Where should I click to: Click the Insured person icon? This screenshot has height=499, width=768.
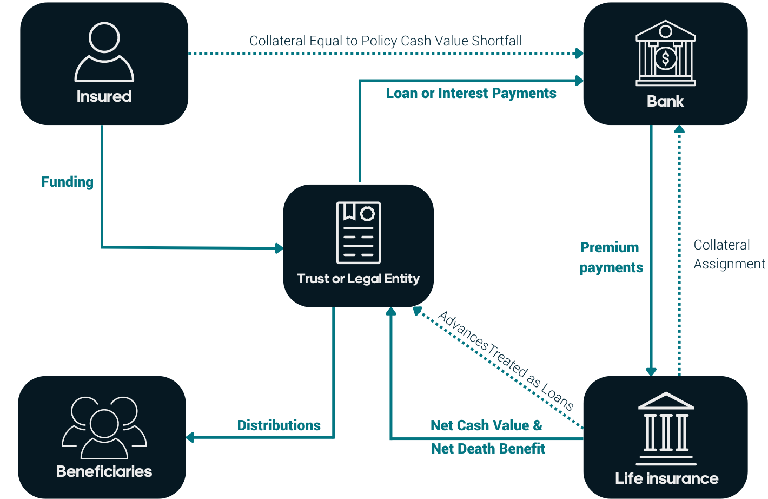tap(104, 52)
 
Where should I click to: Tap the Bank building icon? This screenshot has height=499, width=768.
tap(665, 54)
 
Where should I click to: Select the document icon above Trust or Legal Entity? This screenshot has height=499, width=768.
tap(359, 233)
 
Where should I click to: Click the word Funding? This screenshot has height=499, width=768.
tap(67, 182)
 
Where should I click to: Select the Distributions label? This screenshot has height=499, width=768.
tap(279, 425)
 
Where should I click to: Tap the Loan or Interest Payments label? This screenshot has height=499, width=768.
tap(471, 93)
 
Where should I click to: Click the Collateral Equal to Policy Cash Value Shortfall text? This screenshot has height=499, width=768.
tap(386, 41)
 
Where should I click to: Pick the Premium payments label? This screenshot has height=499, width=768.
tap(611, 258)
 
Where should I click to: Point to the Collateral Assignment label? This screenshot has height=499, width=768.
tap(729, 254)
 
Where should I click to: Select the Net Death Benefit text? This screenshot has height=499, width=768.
tap(488, 449)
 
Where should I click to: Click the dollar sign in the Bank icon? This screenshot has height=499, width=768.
tap(665, 57)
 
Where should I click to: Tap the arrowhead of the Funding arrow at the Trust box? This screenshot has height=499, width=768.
tap(280, 248)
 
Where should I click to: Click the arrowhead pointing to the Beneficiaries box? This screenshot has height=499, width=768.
tap(190, 437)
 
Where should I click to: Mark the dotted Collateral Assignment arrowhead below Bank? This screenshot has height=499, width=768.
tap(679, 129)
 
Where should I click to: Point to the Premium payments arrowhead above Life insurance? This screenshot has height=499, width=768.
tap(651, 372)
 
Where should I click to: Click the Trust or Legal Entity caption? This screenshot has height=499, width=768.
tap(358, 279)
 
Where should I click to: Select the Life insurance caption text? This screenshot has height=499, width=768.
tap(666, 478)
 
